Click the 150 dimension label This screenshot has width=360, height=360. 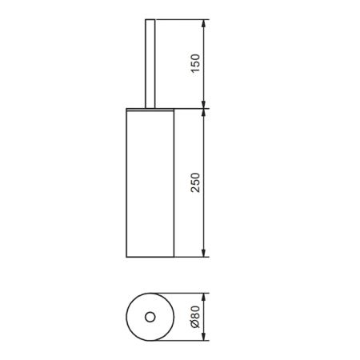(195, 63)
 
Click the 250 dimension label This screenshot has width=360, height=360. (195, 182)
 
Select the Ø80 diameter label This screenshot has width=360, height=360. (195, 317)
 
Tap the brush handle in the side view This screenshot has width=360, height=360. (150, 63)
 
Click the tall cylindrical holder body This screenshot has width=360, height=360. (150, 184)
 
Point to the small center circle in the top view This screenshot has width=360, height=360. (150, 317)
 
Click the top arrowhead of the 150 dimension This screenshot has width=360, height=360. (203, 23)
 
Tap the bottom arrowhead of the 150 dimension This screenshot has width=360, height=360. (203, 104)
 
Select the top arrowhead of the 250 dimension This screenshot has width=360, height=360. (203, 113)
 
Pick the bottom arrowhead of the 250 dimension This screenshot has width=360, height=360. (203, 253)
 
